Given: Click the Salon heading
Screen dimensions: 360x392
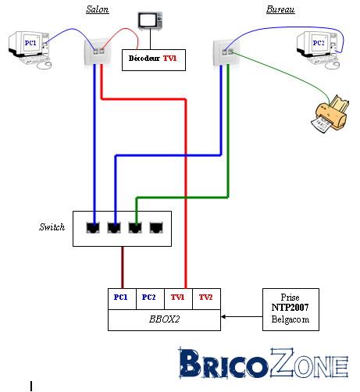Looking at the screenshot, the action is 98,9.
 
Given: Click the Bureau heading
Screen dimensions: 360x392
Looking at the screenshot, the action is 280,9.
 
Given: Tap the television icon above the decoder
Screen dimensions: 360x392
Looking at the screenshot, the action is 150,21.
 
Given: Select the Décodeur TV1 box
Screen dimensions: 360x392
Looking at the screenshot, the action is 154,60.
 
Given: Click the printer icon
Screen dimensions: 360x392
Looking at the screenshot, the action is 330,114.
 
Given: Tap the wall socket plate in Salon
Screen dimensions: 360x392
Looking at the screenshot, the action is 98,52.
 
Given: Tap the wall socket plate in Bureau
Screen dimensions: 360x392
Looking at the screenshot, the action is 225,52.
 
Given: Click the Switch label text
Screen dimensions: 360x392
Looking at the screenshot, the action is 52,227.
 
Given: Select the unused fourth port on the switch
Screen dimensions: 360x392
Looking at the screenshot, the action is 156,227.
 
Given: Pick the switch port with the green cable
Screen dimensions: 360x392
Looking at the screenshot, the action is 135,227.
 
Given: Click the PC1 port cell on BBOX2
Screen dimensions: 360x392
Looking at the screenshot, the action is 122,299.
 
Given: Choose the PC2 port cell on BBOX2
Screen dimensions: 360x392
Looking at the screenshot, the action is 150,299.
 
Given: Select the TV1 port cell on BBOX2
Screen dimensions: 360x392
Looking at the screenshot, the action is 178,299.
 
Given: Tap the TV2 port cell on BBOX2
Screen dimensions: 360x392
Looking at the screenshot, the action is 206,299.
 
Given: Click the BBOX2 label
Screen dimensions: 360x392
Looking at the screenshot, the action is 164,319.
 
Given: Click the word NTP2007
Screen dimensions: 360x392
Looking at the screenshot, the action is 290,308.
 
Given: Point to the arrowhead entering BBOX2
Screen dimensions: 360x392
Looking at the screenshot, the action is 223,317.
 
